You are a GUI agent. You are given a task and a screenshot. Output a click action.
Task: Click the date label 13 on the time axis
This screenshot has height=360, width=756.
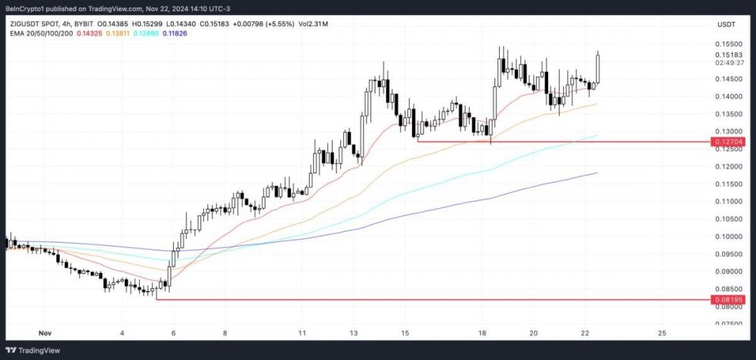(x=353, y=333)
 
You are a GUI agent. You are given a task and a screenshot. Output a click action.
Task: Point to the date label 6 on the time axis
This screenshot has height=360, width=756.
(x=173, y=333)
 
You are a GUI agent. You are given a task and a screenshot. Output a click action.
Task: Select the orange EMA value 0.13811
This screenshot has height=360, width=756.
(x=117, y=35)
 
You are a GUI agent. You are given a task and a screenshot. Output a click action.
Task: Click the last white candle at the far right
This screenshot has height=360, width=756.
(x=598, y=68)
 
